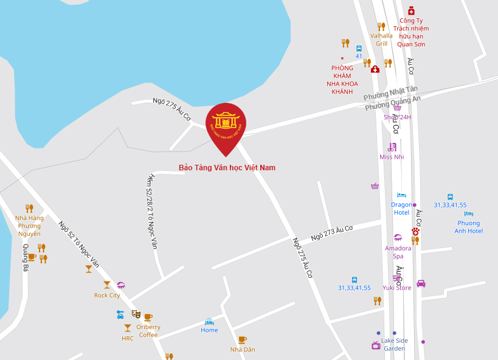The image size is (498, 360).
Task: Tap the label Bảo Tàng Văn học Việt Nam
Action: point(227,168)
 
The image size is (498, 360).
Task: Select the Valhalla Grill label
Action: point(381,40)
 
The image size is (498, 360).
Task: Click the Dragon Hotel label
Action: point(401,209)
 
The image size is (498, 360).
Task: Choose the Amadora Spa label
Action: point(398,252)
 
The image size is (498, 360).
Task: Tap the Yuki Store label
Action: point(396,288)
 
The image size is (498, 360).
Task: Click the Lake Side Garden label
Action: point(395,344)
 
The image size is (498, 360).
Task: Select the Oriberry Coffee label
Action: point(148,331)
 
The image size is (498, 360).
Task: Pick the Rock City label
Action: point(107,296)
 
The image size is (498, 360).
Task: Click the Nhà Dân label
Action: point(243,350)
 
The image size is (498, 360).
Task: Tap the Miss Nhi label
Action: point(392,157)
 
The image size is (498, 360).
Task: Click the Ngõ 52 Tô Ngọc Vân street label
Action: point(79,246)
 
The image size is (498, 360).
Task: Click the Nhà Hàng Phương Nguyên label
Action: point(29,226)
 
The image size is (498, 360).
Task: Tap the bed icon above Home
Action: point(209,321)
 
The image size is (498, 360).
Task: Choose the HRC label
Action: point(128,338)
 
